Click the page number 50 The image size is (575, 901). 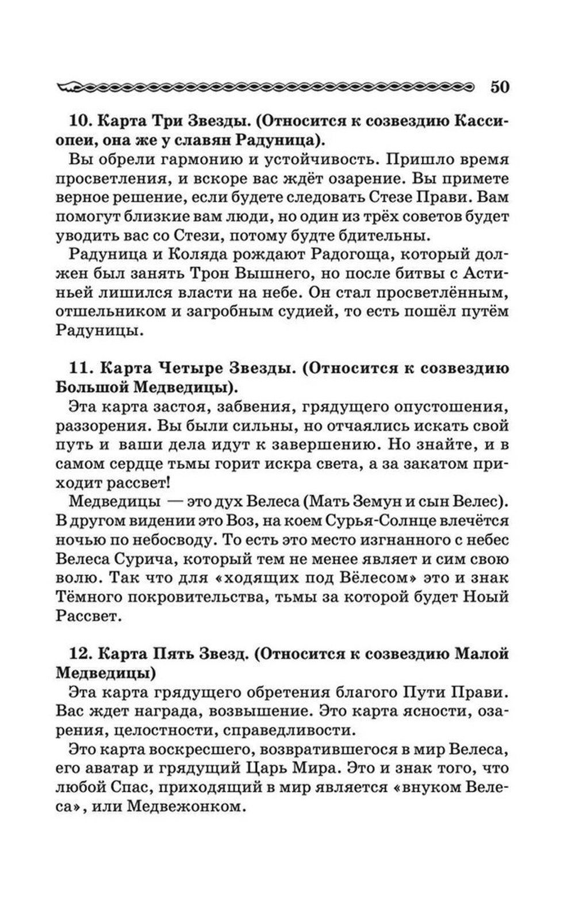(x=500, y=87)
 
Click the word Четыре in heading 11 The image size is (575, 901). (x=185, y=369)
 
